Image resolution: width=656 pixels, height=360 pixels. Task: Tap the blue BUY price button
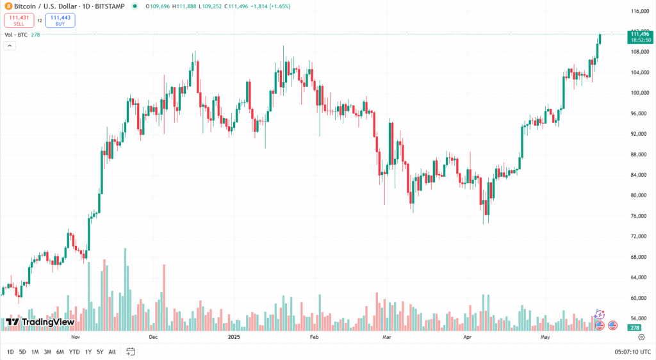(60, 20)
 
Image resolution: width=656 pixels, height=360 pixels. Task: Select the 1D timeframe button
(10, 352)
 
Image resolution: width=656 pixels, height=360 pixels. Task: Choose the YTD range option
(74, 352)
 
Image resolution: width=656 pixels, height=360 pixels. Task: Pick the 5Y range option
(100, 352)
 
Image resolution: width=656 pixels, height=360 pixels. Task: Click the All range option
(112, 352)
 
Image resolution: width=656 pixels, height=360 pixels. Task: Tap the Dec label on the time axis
(153, 336)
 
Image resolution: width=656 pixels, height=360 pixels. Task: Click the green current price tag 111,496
(641, 36)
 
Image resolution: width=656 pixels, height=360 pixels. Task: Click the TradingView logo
(40, 322)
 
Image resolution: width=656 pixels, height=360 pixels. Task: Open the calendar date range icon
(131, 352)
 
